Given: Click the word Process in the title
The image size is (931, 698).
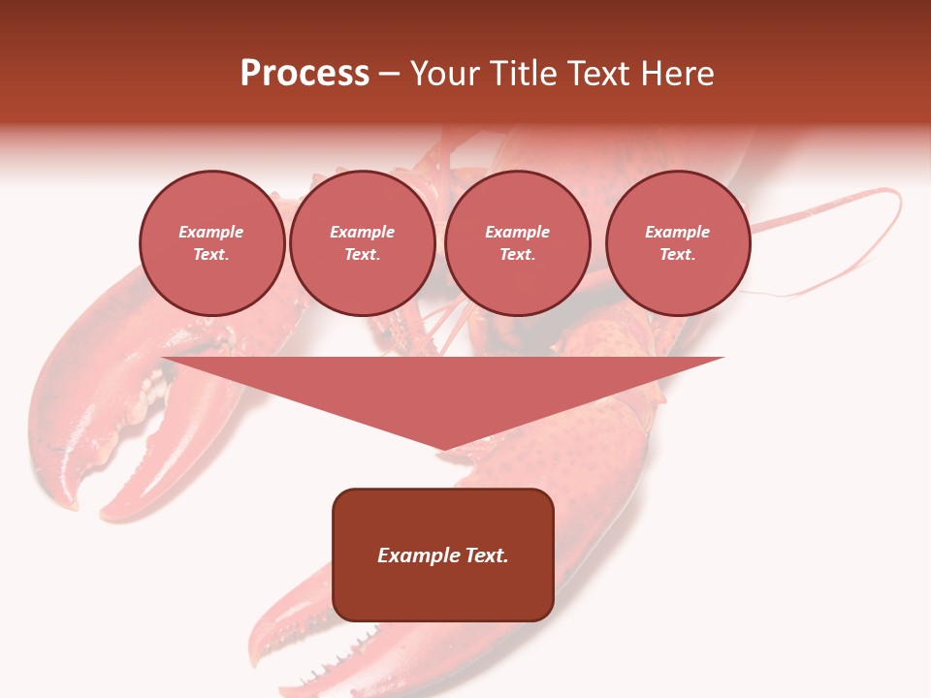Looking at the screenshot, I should click(x=305, y=74).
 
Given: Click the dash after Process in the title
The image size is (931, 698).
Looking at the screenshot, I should click(x=390, y=75).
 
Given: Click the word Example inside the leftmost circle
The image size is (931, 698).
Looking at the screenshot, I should click(x=211, y=232).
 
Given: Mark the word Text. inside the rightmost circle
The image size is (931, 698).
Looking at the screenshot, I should click(x=677, y=254).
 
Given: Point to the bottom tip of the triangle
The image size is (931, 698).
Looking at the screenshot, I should click(x=443, y=448).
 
